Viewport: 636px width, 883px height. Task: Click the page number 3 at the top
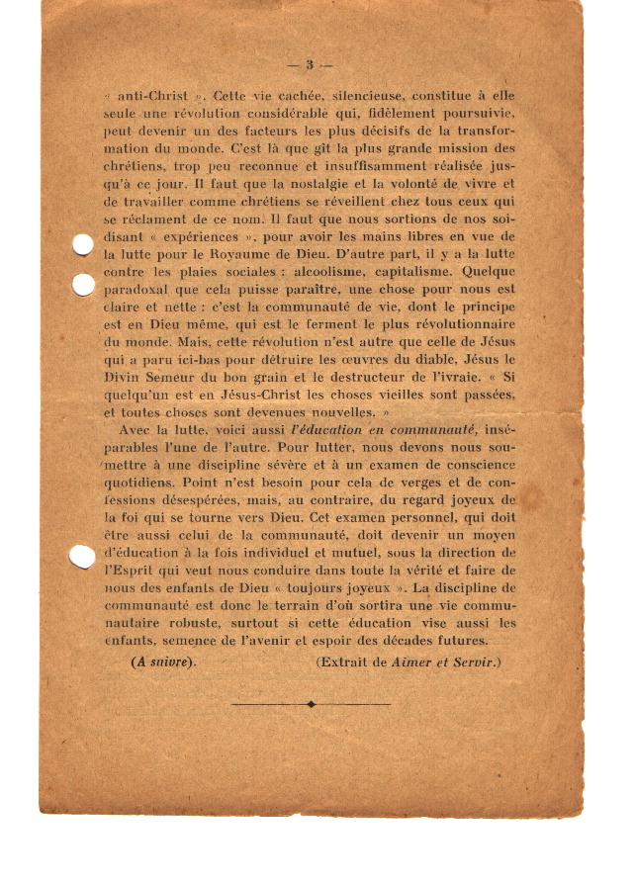pos(309,65)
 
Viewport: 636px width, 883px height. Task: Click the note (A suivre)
pos(164,661)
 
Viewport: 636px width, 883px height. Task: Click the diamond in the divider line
pos(312,704)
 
